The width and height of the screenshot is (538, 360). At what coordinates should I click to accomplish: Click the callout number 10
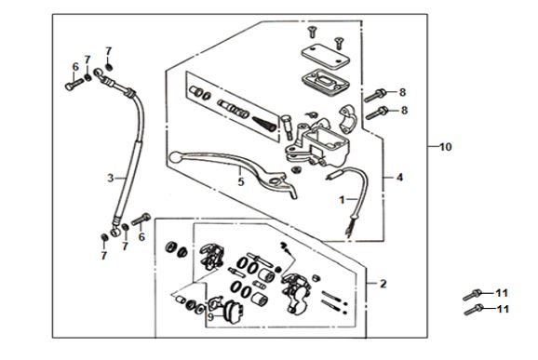point(445,147)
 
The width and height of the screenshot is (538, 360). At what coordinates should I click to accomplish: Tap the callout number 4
point(399,178)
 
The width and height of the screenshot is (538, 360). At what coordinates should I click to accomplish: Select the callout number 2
point(383,284)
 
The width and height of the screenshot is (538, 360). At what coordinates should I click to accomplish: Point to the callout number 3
point(110,179)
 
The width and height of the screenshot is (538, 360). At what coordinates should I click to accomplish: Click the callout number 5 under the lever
point(241,182)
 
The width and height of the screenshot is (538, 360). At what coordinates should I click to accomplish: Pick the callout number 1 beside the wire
point(342,200)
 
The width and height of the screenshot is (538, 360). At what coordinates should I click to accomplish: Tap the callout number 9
point(210,317)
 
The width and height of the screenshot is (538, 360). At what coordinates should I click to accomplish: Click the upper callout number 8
point(402,92)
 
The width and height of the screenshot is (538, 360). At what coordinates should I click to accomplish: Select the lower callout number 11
point(503,309)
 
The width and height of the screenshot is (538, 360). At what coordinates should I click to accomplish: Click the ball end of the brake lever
point(175,157)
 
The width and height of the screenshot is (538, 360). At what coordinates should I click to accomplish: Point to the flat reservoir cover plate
point(325,55)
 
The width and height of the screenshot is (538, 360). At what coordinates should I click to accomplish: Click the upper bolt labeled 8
point(375,95)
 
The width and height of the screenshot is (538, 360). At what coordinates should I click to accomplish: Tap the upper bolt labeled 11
point(473,295)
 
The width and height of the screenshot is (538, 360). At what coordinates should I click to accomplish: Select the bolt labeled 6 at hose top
point(74,85)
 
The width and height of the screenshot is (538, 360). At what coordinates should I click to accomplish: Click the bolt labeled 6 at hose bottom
point(141,219)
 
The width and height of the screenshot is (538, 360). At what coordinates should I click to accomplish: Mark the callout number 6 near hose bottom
point(141,236)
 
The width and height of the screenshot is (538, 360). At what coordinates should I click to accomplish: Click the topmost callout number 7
point(108,51)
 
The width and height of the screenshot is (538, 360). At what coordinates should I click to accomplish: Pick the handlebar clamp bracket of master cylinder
point(347,119)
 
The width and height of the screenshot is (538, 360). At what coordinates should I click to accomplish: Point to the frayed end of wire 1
point(349,231)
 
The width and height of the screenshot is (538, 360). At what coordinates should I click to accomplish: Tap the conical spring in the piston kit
point(264,124)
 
